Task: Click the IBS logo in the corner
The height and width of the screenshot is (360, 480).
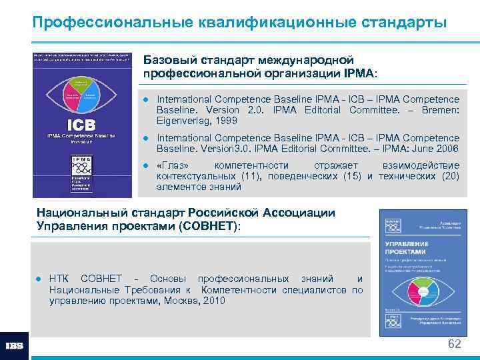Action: [14, 346]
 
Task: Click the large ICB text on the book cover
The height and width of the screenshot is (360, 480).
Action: [81, 125]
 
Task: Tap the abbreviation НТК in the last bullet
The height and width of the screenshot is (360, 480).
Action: [61, 279]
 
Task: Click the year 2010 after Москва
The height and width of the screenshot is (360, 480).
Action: [213, 301]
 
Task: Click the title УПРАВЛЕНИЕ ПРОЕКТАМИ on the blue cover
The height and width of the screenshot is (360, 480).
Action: [406, 248]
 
